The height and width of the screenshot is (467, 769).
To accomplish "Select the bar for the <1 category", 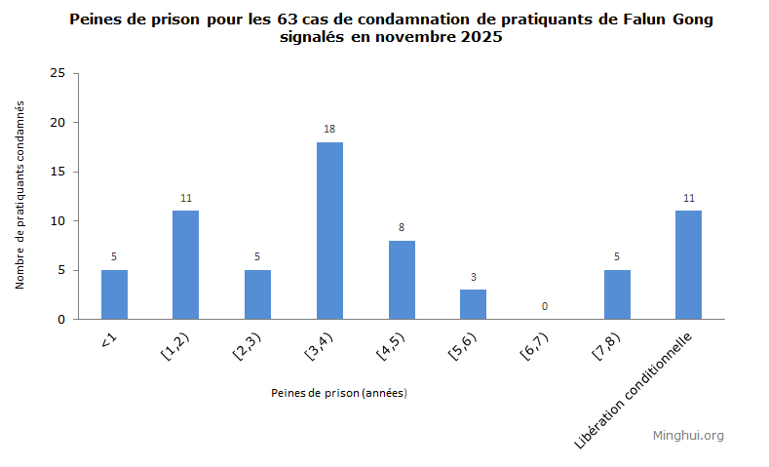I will click(x=114, y=294).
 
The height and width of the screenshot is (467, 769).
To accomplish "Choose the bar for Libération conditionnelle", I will click(x=688, y=265).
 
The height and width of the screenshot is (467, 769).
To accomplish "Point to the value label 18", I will click(x=329, y=129).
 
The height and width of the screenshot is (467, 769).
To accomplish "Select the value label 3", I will click(x=474, y=277).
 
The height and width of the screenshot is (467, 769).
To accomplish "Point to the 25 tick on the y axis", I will click(x=58, y=73).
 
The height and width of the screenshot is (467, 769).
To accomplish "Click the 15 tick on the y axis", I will click(x=58, y=172).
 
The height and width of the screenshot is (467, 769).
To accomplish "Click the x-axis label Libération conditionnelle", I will click(x=635, y=389).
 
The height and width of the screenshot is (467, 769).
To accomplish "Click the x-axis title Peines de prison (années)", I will click(x=338, y=393).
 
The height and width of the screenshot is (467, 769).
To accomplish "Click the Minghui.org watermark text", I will click(x=688, y=436).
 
